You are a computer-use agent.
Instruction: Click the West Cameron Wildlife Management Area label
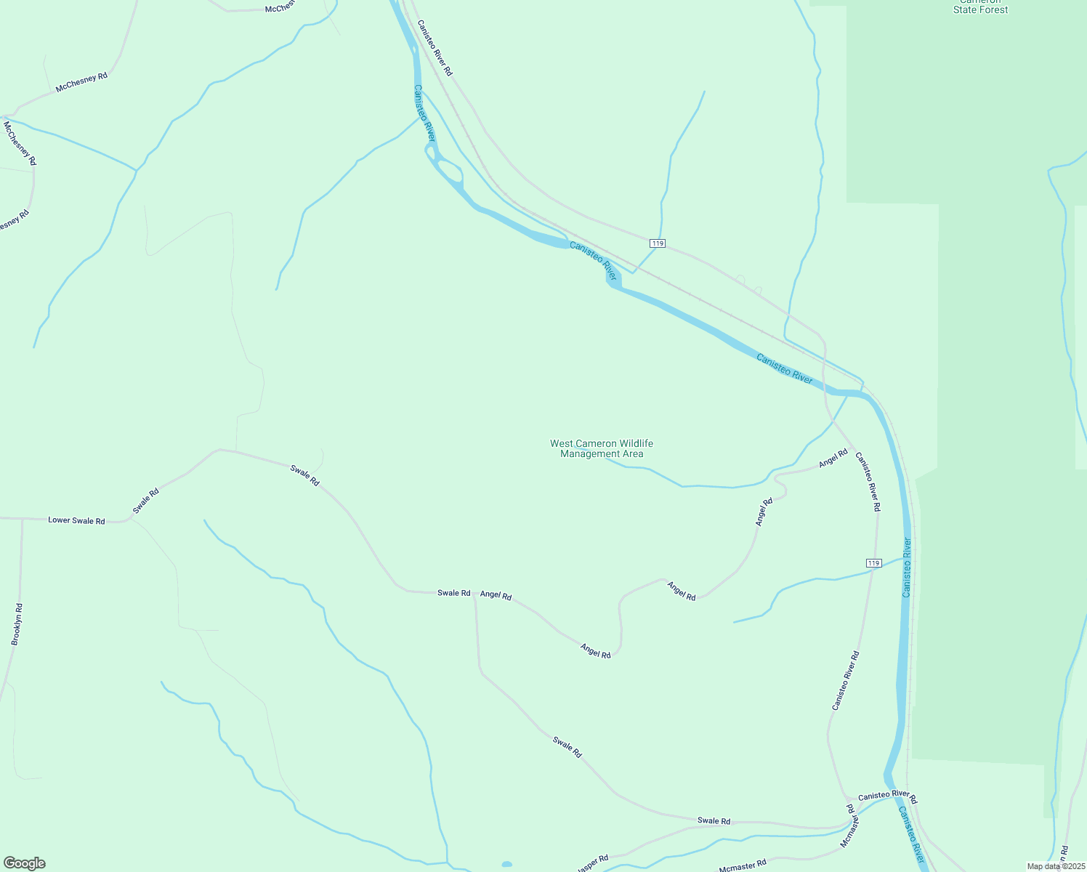(x=602, y=448)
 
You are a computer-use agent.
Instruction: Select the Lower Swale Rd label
(x=76, y=520)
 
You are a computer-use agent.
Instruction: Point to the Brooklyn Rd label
(x=17, y=624)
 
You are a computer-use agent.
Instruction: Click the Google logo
(x=24, y=863)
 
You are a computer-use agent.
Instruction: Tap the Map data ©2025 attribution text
(x=1055, y=866)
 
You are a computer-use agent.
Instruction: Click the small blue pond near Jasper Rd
(x=506, y=864)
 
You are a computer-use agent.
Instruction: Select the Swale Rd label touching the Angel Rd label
(x=453, y=593)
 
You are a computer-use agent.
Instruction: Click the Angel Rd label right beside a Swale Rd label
(x=496, y=595)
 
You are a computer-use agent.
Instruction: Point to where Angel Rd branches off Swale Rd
(x=474, y=594)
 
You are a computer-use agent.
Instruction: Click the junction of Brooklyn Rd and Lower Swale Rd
(x=23, y=519)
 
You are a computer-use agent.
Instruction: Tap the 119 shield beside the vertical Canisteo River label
(x=873, y=563)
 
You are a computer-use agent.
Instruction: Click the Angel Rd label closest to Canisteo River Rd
(x=833, y=459)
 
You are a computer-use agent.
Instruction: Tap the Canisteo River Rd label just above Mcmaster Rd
(x=887, y=796)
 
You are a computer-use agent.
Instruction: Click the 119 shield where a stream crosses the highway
(x=657, y=243)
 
